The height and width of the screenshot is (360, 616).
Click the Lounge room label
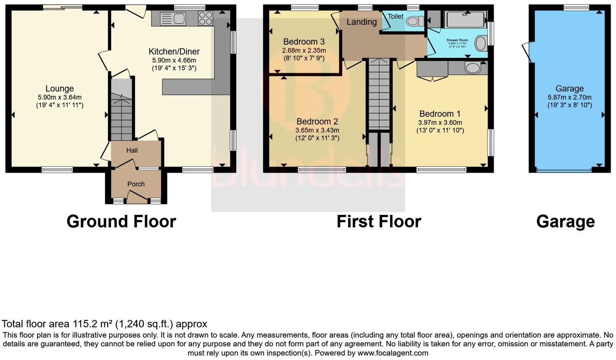tap(60, 88)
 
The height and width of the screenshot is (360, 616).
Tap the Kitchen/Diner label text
tap(174, 51)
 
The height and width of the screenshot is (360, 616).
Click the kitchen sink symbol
tap(173, 19)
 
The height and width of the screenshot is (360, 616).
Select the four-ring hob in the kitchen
tap(205, 18)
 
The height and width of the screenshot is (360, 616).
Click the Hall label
tap(132, 150)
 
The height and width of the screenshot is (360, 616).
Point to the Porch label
tap(136, 184)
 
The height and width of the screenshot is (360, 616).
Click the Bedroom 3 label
tap(304, 42)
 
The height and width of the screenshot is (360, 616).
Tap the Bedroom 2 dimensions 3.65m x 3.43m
tap(317, 130)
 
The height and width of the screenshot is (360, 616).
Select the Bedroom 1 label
tap(440, 114)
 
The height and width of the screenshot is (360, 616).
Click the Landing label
tap(361, 22)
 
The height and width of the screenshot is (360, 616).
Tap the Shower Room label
tap(457, 40)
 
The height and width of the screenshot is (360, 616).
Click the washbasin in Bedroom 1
tap(472, 68)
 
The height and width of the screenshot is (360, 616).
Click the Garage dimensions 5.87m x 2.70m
tap(569, 97)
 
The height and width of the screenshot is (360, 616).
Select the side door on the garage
tap(528, 52)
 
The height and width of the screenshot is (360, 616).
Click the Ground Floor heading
tap(121, 221)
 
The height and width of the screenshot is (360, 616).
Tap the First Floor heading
tap(379, 221)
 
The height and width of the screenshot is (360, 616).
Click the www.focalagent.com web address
tap(393, 353)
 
